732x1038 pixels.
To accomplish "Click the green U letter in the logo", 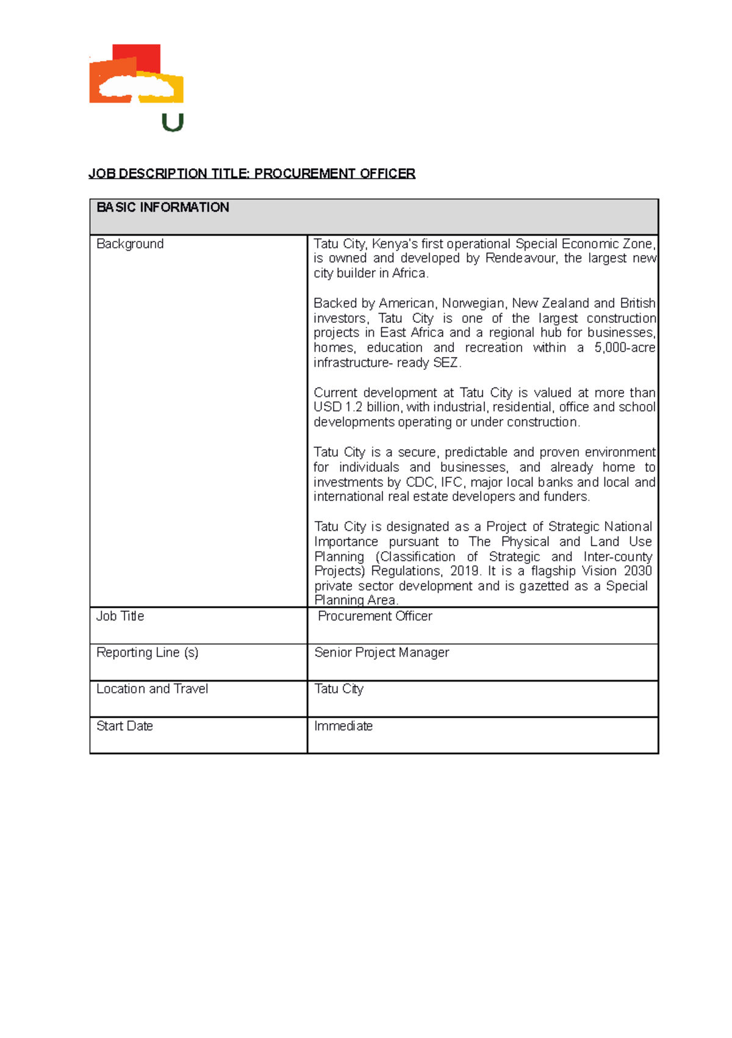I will coord(173,123).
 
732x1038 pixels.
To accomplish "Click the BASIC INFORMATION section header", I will coord(163,207).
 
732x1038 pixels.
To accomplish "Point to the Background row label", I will coord(130,244).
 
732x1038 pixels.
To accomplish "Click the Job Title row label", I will coord(120,616).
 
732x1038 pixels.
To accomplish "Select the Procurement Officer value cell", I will coord(375,616).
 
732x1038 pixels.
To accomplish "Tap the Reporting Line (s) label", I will coord(147,652).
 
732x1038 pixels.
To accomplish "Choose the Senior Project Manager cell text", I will coord(381,652).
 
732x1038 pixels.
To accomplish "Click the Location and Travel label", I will coord(152,689).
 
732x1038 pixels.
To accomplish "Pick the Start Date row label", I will coord(124,726).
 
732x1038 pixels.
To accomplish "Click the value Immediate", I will coord(343,726).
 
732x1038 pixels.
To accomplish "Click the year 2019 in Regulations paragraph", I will coord(465,571).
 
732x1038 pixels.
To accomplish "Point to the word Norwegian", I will coord(473,303).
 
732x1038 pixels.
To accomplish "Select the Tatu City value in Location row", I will coord(339,689).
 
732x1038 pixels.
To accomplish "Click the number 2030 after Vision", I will coord(637,571).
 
